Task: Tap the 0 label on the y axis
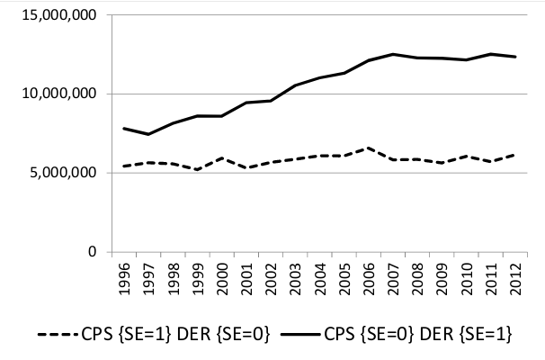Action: pyautogui.click(x=90, y=252)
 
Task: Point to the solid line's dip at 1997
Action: pyautogui.click(x=147, y=134)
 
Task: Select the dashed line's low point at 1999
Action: pyautogui.click(x=196, y=169)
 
